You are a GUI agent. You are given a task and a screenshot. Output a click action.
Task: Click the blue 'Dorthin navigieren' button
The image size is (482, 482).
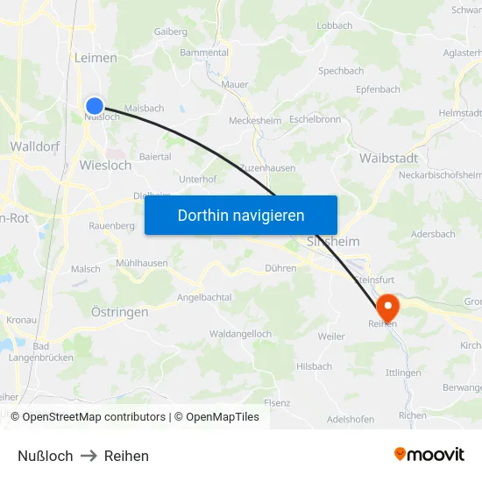240,215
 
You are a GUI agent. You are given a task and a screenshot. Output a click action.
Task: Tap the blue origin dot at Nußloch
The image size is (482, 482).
95,106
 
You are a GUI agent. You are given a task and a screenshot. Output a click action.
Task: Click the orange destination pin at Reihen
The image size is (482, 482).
386,308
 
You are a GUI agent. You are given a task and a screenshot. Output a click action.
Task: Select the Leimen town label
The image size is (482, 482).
97,58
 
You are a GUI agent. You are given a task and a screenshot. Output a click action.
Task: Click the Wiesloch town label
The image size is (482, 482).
105,165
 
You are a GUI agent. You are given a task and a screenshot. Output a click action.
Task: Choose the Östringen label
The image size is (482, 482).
119,311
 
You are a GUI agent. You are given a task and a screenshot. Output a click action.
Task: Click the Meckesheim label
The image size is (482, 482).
254,120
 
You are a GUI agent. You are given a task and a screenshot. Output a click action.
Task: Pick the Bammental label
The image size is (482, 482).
203,53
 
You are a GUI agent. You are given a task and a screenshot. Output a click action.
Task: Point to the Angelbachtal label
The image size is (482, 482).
203,297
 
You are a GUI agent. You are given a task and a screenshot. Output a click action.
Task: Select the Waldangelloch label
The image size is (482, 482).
240,334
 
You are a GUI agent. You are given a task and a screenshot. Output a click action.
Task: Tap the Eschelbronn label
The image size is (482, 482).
314,118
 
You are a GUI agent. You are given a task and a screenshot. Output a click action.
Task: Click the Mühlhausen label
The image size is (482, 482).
141,263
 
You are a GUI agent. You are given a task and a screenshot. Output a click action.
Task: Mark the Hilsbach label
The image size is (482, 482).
314,366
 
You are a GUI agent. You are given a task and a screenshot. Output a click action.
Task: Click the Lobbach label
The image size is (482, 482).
334,26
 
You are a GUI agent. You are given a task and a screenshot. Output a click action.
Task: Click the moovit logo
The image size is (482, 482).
429,455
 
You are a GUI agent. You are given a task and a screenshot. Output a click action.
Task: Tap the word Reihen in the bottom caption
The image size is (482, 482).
126,456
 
